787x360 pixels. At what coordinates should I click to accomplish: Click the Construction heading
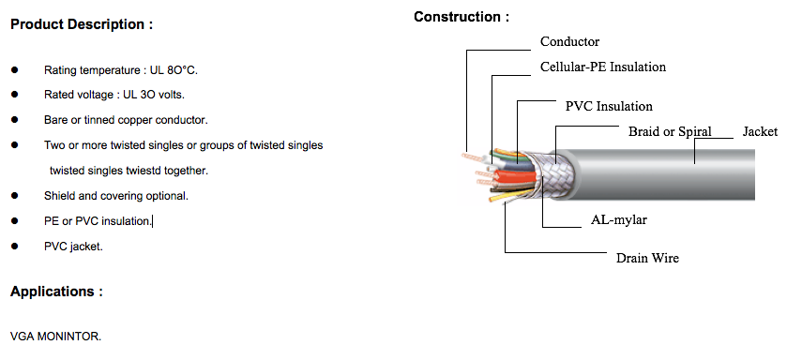(x=462, y=17)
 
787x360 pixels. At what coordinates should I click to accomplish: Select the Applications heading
(x=56, y=292)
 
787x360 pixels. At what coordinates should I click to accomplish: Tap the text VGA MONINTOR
(x=55, y=336)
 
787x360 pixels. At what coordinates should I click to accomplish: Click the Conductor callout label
(x=569, y=41)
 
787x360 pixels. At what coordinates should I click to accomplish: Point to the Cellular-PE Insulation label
(x=602, y=67)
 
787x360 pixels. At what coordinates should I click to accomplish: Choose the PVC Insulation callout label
(x=609, y=106)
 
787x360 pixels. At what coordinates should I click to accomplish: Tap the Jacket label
(x=760, y=132)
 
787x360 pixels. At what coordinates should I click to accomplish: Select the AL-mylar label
(x=619, y=220)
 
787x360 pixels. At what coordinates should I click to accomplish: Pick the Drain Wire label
(x=647, y=258)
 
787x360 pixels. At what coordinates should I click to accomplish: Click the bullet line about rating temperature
(x=121, y=70)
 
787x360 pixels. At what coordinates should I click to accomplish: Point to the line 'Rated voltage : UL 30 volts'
(x=114, y=95)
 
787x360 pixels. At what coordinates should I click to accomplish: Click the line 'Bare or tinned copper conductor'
(x=126, y=120)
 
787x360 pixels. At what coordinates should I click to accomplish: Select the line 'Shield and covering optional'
(x=116, y=195)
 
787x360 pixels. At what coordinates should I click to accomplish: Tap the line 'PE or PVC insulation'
(x=98, y=220)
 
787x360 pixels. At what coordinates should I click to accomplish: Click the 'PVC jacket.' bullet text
(x=73, y=246)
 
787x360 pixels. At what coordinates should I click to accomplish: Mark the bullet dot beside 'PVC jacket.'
(x=15, y=246)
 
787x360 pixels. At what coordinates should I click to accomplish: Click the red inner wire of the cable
(x=514, y=175)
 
